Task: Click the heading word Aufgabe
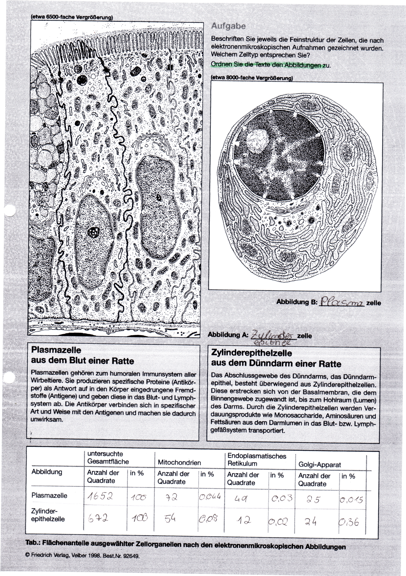tap(228, 26)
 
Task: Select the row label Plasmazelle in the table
tap(49, 496)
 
